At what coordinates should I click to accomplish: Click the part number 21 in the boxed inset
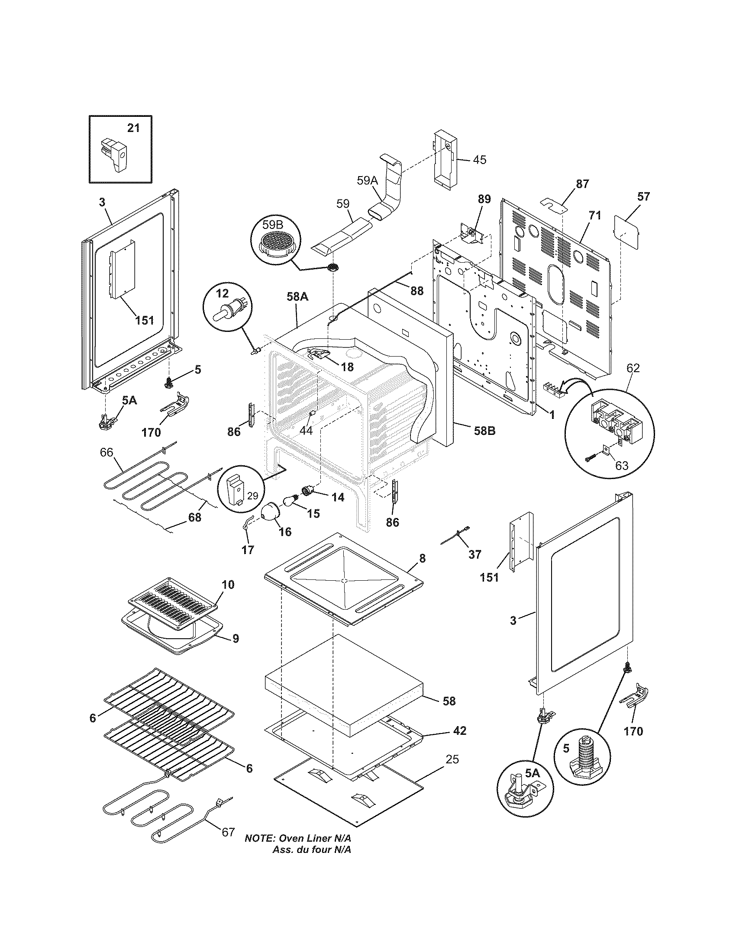click(133, 128)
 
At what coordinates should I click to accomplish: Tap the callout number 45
click(479, 160)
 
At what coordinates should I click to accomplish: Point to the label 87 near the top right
click(582, 184)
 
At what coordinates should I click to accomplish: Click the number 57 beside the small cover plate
click(643, 196)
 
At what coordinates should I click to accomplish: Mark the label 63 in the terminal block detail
click(621, 466)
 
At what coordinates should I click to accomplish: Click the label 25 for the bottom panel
click(452, 759)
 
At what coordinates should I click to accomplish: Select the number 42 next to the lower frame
click(459, 730)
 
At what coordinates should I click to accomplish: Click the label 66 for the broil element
click(107, 452)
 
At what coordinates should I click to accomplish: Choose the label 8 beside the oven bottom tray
click(422, 558)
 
